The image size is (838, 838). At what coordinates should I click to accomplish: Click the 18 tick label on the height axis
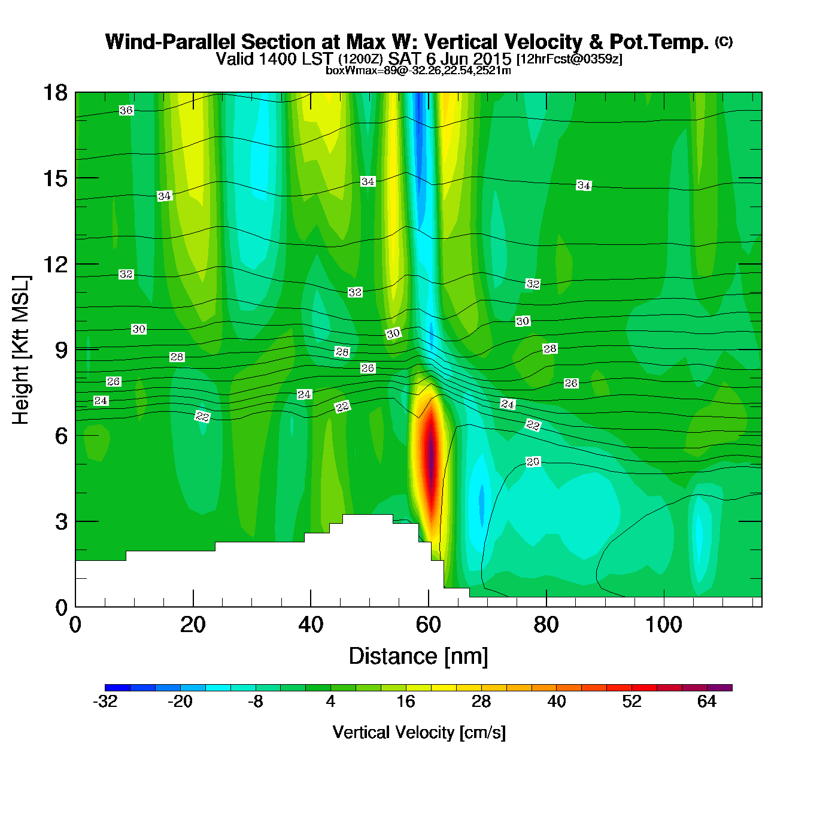point(54,93)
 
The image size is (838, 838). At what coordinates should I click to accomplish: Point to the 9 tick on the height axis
point(76,350)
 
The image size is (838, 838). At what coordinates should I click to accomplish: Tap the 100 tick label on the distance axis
point(663,626)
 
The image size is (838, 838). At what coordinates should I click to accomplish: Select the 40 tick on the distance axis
point(311,606)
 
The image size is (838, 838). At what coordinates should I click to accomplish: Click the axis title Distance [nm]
point(418,657)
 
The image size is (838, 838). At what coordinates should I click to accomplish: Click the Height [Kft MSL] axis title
point(21,350)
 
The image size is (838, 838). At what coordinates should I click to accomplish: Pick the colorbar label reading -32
point(105,702)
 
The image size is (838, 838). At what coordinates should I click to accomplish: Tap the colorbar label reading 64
point(707,702)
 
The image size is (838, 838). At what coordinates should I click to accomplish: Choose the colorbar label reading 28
point(481,702)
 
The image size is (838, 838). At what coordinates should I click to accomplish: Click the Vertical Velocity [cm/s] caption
point(419,733)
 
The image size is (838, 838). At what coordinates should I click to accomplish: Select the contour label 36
point(126,111)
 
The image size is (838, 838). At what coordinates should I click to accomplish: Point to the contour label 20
point(533,461)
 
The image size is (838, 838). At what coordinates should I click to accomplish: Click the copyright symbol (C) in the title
point(724,41)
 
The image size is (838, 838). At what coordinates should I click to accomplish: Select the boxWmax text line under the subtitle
point(418,71)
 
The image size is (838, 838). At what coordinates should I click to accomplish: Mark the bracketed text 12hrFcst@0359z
point(569,59)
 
